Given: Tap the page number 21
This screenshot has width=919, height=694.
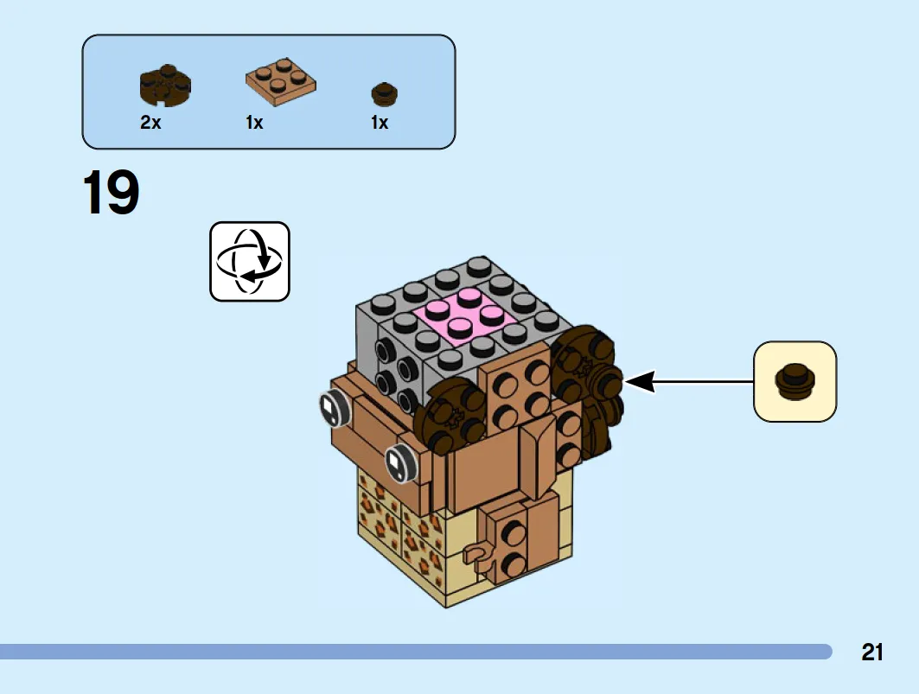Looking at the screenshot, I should point(872,652).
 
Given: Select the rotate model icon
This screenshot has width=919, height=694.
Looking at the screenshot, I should point(250,261).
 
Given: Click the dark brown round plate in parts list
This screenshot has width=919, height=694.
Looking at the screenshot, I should point(164,85).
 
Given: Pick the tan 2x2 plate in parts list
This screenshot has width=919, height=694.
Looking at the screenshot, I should point(280,83).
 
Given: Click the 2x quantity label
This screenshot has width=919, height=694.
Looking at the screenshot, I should point(150,123).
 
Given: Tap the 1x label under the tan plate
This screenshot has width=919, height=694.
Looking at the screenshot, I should point(254,123).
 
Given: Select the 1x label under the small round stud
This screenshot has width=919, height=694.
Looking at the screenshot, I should point(380,123).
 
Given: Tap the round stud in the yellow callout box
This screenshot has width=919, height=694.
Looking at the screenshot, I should point(795,381).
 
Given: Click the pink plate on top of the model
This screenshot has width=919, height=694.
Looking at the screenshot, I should point(466,315).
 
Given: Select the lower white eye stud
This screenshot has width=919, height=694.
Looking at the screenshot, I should point(398,462).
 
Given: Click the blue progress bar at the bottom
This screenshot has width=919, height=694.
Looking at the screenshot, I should point(415,652).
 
